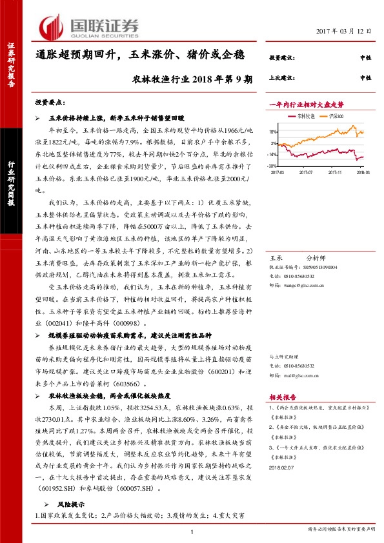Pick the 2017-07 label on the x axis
coord(306,172)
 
